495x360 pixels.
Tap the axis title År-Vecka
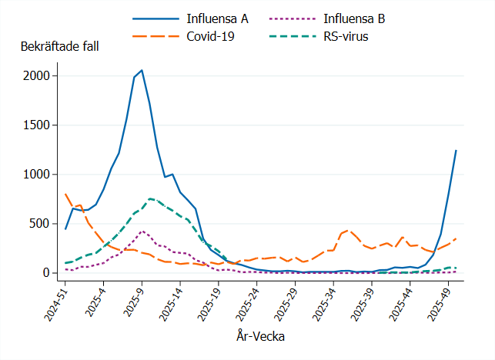pos(260,336)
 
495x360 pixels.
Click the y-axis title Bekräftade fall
pos(59,46)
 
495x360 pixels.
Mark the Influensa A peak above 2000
pos(142,70)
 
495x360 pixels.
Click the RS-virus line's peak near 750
pos(149,198)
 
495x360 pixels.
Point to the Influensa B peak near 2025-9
pos(142,231)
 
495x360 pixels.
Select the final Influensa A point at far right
pos(456,151)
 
